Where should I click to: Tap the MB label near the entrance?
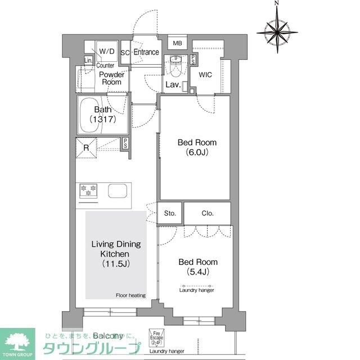pos(178,43)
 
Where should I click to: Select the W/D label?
pos(107,52)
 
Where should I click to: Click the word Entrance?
pos(146,52)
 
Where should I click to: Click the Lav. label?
pos(173,85)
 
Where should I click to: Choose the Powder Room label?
pos(111,78)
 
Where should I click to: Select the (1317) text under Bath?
pos(103,119)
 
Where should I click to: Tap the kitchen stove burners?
pos(88,191)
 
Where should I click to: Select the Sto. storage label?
pos(170,214)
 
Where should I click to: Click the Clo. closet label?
pos(206,214)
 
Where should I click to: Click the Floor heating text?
pos(131,295)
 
